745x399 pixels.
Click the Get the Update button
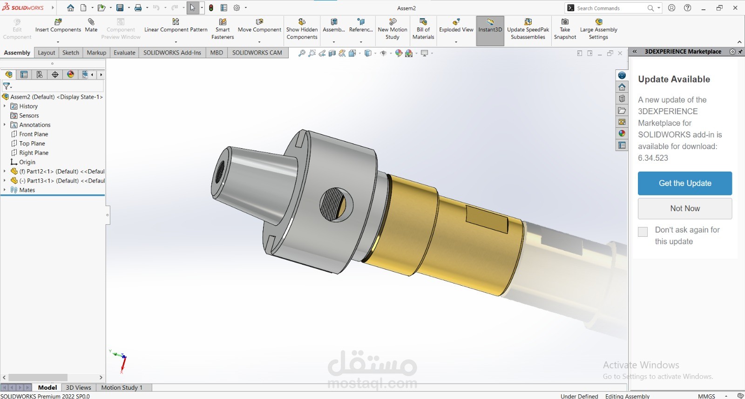(x=684, y=183)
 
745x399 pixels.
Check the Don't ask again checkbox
(x=643, y=232)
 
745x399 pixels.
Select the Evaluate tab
(x=124, y=53)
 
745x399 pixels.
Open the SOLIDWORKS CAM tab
(x=257, y=53)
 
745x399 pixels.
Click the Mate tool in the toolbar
(x=91, y=25)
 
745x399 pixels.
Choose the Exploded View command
(x=456, y=25)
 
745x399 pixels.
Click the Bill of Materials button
(x=423, y=29)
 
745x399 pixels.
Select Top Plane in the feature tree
(x=32, y=144)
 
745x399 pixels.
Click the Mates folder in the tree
(x=27, y=190)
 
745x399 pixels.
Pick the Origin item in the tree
(x=27, y=162)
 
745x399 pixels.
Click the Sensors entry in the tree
(x=29, y=116)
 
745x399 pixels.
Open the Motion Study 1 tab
(x=122, y=387)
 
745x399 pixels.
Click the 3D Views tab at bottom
(x=78, y=387)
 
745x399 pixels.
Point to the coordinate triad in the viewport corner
(x=120, y=360)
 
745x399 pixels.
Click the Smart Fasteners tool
(x=223, y=29)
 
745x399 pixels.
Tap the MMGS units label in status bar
(x=706, y=396)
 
